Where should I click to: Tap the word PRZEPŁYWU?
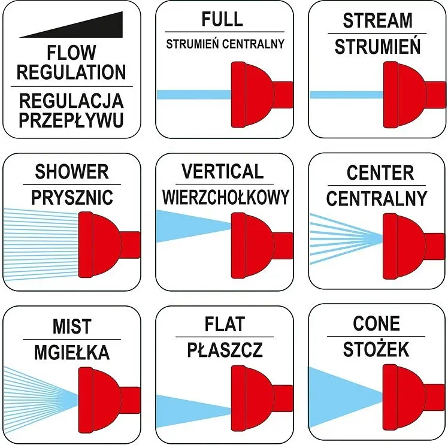click(71, 120)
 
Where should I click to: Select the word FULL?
click(222, 19)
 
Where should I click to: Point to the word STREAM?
click(377, 20)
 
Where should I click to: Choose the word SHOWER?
click(72, 171)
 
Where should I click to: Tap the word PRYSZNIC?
click(72, 198)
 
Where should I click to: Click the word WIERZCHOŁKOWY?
click(226, 197)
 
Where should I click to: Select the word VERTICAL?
click(223, 171)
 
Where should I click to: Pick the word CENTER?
click(380, 172)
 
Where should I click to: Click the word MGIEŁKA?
click(72, 352)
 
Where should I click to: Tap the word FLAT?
click(225, 324)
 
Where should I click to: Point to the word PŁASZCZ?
click(225, 350)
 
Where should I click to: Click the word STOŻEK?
click(376, 349)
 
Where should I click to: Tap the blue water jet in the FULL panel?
click(194, 95)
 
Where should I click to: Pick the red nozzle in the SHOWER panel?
click(108, 245)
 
